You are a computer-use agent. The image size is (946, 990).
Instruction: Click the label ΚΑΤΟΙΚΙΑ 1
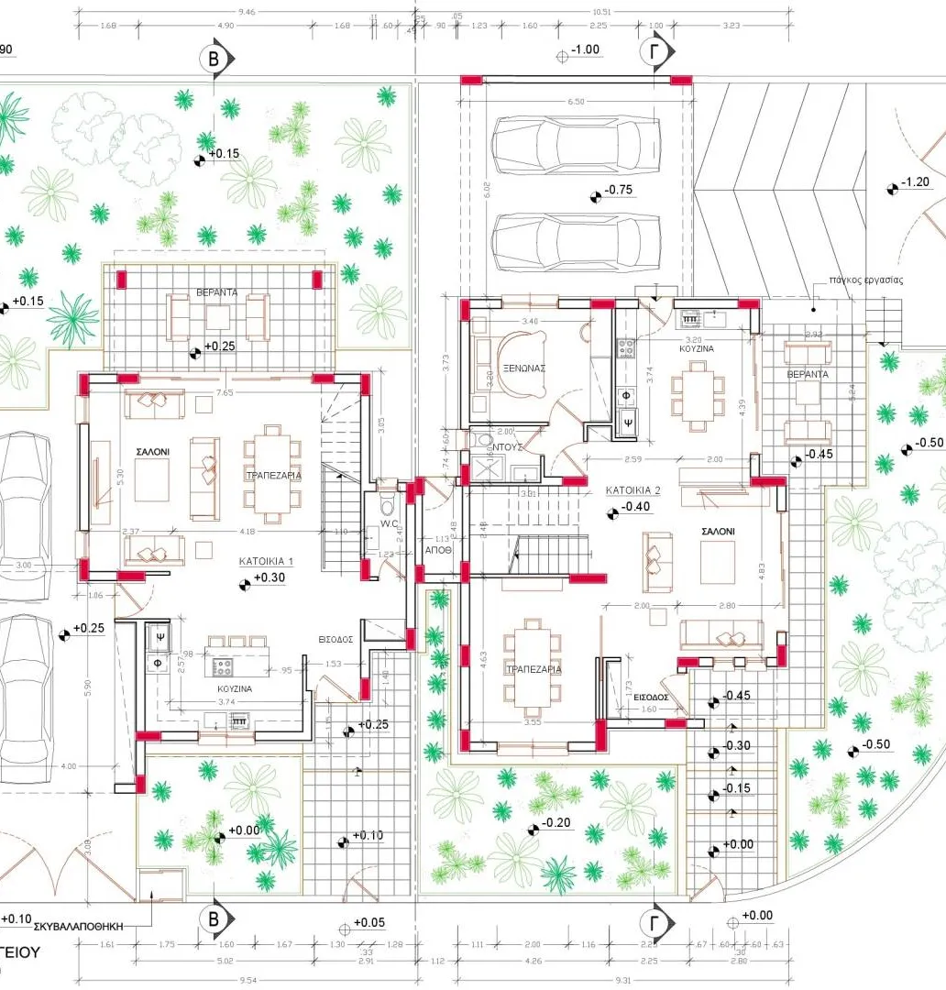tap(266, 561)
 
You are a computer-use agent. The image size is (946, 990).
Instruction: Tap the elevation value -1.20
tap(916, 182)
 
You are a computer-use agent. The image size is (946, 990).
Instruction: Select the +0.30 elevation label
tap(269, 578)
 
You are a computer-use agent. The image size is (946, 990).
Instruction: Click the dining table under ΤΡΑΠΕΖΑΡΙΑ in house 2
tap(532, 669)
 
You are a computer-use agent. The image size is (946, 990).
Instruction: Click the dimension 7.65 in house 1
tap(225, 392)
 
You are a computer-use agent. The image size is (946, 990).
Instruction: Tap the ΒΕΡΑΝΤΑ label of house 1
tap(217, 291)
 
